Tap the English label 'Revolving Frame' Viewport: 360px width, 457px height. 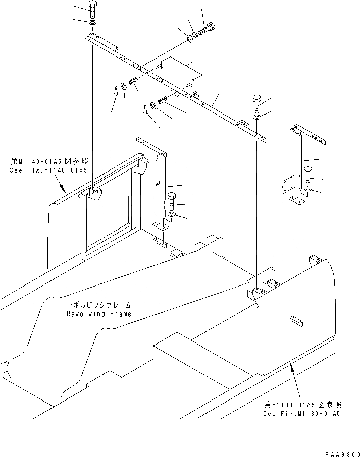(x=99, y=314)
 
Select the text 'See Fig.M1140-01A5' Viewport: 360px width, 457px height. (x=48, y=170)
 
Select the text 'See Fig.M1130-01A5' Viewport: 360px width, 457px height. (x=301, y=414)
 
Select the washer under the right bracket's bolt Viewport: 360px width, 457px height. (x=307, y=190)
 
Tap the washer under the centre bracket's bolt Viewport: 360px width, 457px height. (x=171, y=215)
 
